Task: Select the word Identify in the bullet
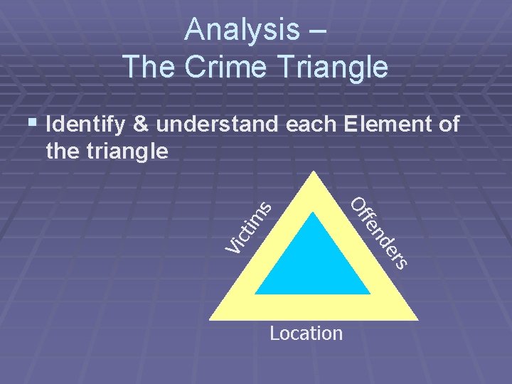tap(85, 125)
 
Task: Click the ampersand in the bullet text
tap(142, 125)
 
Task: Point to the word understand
tap(218, 125)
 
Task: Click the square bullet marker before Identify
tap(31, 124)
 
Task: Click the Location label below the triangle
tap(306, 333)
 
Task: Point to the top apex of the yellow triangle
tap(312, 173)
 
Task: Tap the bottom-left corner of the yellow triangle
tap(210, 319)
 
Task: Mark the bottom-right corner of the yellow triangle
tap(416, 319)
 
